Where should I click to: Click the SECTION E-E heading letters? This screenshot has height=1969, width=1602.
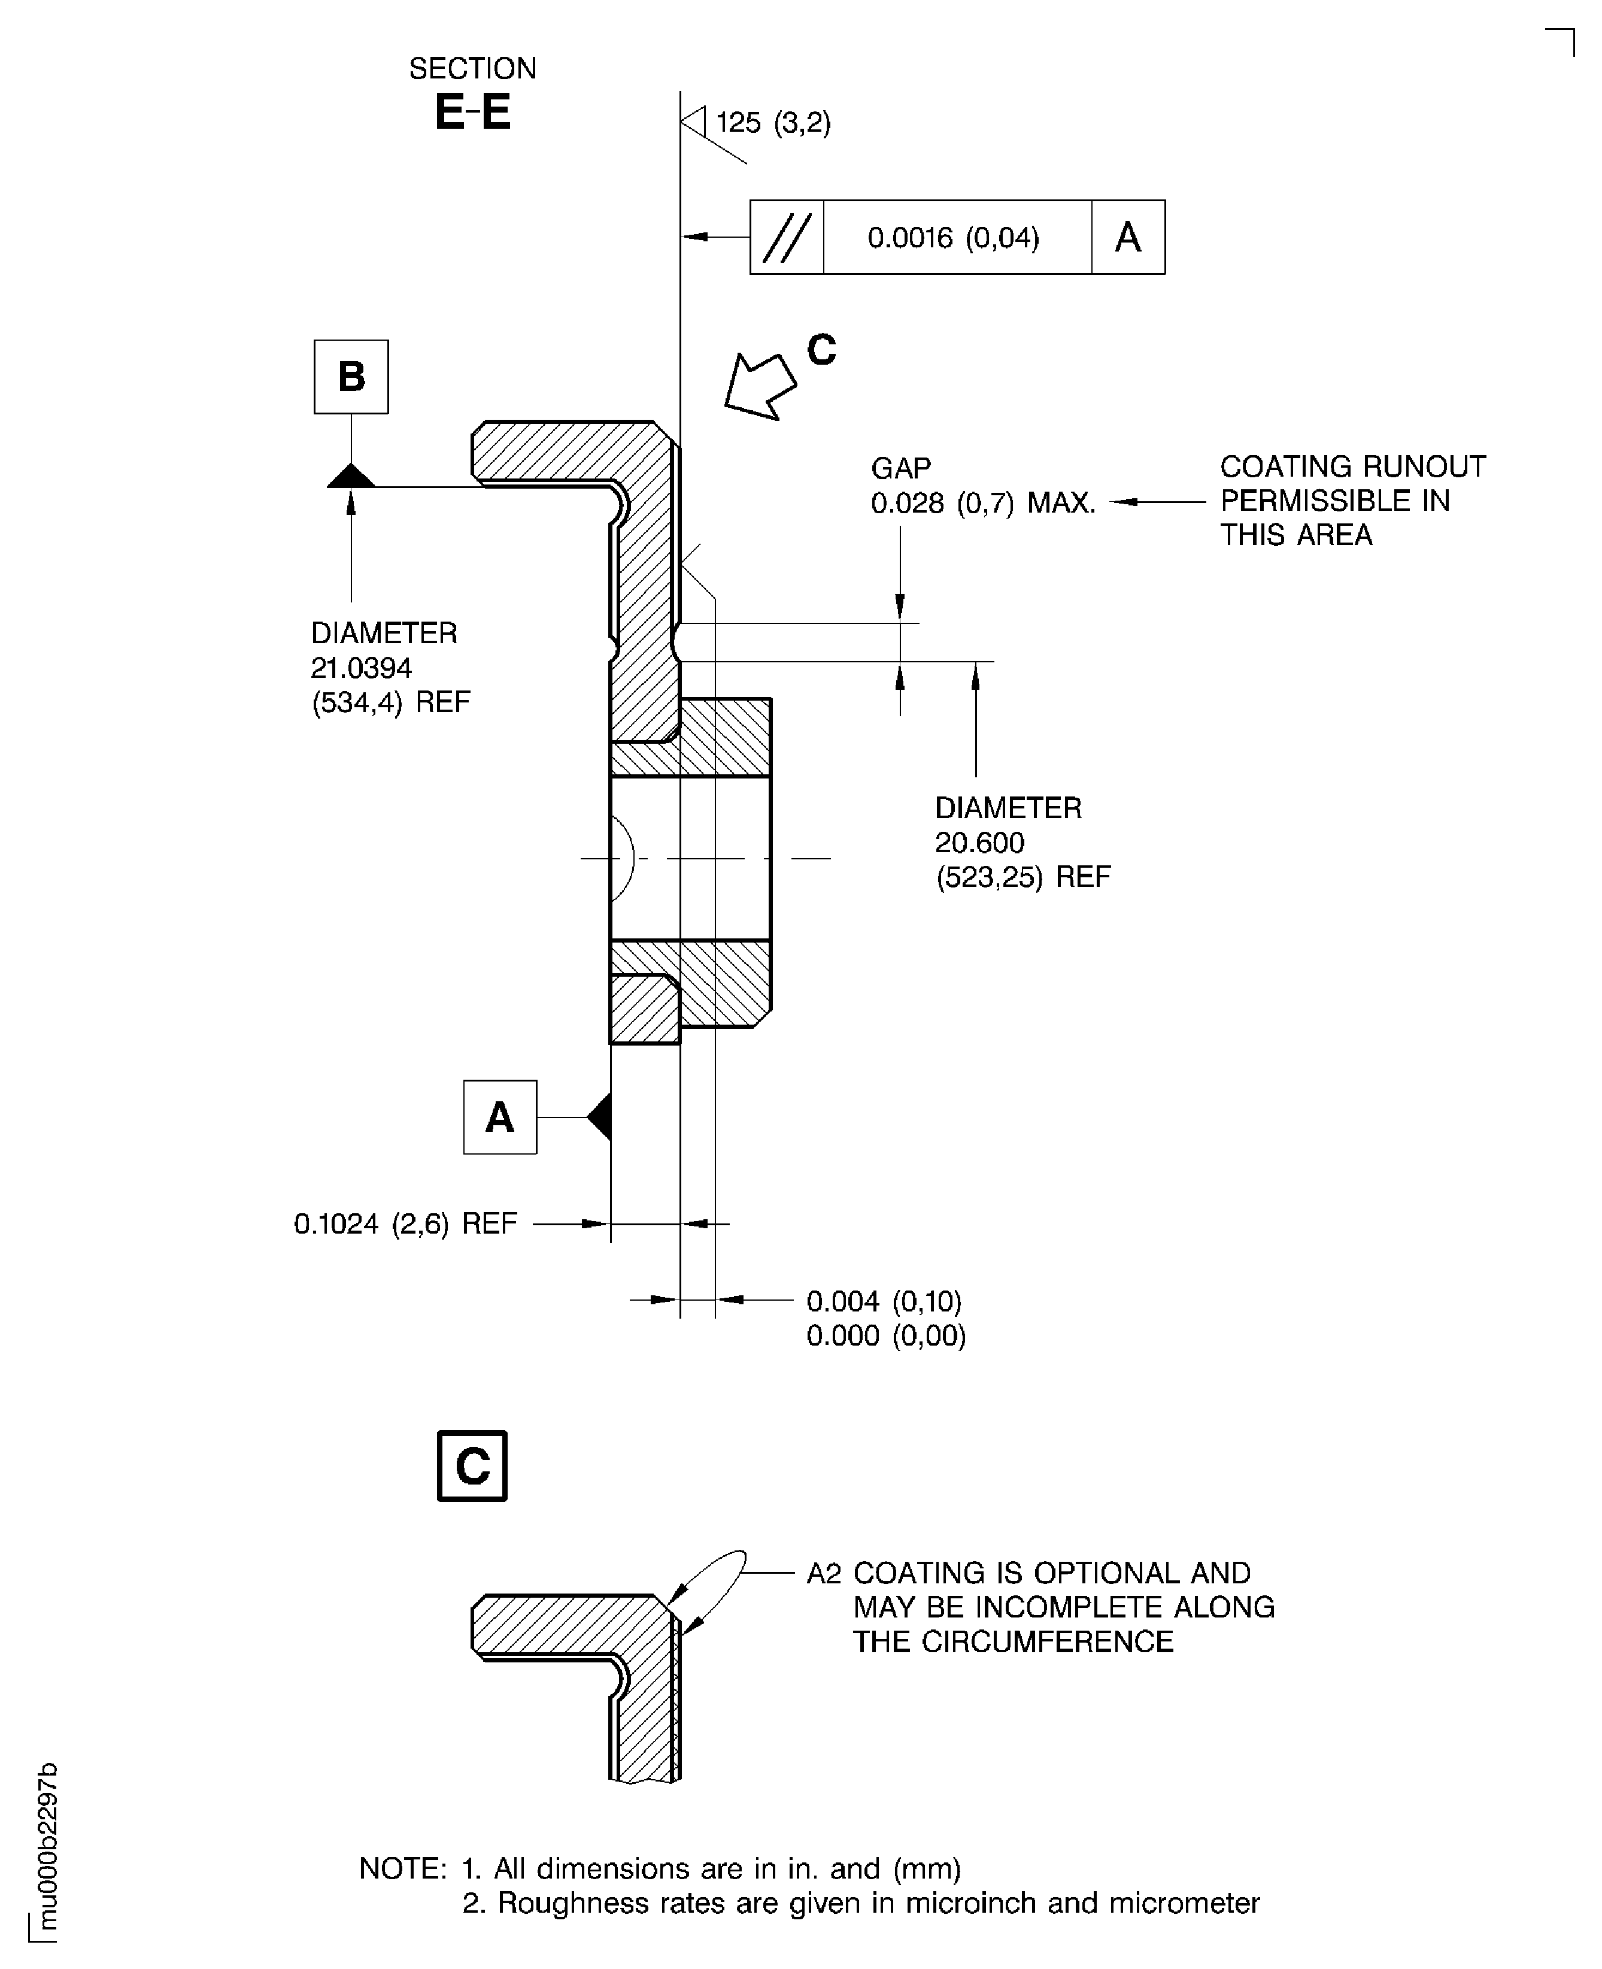click(472, 113)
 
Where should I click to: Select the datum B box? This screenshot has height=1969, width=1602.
click(351, 377)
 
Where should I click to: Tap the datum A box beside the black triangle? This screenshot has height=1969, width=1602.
click(500, 1117)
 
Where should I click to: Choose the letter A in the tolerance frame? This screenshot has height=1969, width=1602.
click(1128, 237)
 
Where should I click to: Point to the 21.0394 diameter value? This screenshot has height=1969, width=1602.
click(361, 667)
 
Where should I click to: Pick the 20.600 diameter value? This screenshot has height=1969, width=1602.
click(979, 842)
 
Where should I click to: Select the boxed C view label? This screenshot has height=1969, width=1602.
click(472, 1466)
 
